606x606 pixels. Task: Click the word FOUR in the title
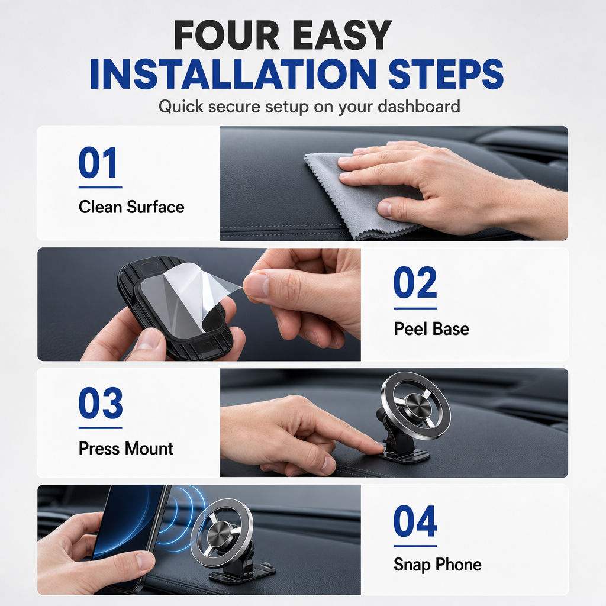click(227, 35)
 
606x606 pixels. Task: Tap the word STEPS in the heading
click(446, 74)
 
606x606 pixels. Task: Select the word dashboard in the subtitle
click(418, 107)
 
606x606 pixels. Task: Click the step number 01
click(98, 163)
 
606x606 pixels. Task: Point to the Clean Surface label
click(131, 207)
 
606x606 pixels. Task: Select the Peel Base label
click(431, 329)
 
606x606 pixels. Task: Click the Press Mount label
click(126, 449)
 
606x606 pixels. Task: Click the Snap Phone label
click(437, 565)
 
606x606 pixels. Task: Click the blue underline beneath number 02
click(415, 308)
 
